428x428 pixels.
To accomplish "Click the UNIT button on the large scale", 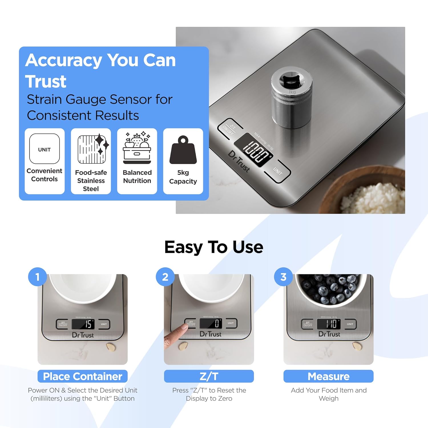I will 277,171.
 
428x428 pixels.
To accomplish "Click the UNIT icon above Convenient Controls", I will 44,149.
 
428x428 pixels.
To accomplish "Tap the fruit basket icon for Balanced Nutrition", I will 137,148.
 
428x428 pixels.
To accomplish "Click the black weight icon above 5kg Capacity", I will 183,150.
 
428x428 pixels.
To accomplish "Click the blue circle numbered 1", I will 37,277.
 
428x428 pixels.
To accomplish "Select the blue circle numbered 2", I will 165,277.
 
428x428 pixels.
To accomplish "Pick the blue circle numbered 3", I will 283,277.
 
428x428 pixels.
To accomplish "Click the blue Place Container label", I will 82,376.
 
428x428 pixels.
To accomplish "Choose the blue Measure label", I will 328,376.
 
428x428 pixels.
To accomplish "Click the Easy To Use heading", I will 214,247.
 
